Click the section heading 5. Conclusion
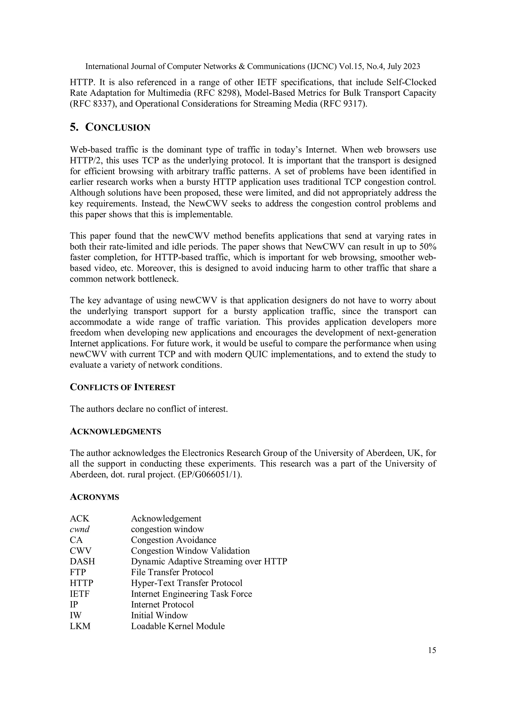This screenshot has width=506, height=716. [110, 127]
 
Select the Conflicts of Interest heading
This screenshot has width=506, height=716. [123, 387]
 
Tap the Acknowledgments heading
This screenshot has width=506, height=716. [115, 432]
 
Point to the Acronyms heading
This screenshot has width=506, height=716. [94, 497]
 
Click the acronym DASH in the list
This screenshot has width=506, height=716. [82, 561]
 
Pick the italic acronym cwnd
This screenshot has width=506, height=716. [80, 529]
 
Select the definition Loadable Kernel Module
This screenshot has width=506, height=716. [178, 626]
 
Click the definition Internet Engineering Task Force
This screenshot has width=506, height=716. [191, 594]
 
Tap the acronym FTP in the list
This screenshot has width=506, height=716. [78, 572]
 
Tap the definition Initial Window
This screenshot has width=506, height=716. [159, 615]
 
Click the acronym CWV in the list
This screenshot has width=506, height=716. [81, 551]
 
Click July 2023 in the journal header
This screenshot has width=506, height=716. [404, 66]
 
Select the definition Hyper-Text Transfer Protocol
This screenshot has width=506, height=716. [187, 583]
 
